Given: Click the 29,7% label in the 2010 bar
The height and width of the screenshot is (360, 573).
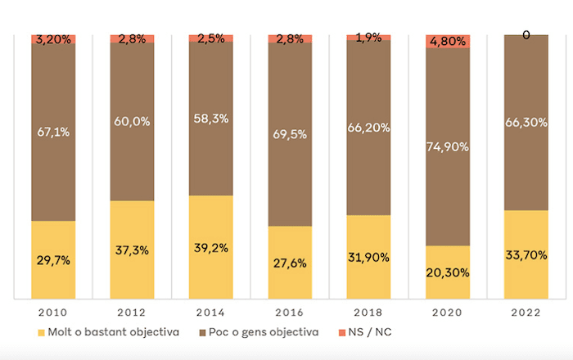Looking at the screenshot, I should tap(53, 260).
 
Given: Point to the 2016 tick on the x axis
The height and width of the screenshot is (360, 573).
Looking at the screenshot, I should tap(290, 313).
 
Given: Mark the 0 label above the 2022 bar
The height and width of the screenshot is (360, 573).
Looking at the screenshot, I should tap(526, 35).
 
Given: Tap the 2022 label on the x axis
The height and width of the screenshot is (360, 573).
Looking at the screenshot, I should tap(526, 313).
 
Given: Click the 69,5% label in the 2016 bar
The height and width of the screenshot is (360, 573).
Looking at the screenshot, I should tap(290, 131).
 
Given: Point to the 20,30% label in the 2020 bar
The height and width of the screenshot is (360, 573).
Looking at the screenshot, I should tap(448, 272).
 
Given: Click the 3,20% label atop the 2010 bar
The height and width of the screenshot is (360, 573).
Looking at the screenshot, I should tap(53, 38).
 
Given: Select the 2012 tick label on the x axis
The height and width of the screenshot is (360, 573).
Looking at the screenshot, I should tap(132, 313).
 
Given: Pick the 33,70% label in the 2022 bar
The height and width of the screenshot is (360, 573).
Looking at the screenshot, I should tap(526, 254).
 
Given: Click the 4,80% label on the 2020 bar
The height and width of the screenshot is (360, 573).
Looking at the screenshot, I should tap(448, 41).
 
